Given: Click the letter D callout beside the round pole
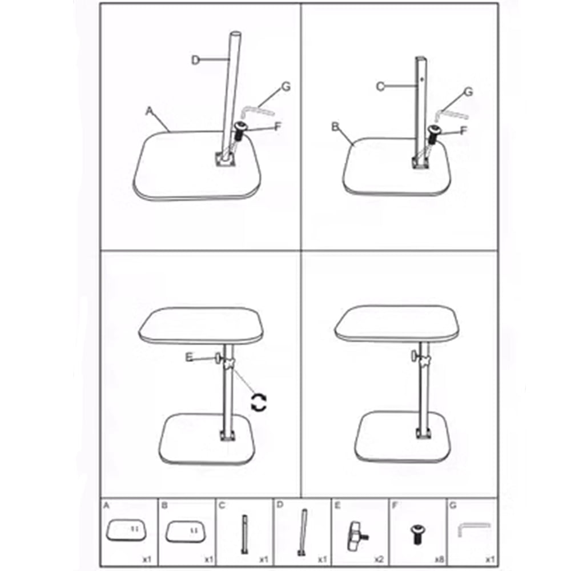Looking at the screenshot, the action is [x=195, y=60].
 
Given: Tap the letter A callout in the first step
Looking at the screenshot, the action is [x=149, y=111].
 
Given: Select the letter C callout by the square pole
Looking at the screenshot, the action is [x=380, y=87].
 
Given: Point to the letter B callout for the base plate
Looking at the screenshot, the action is [x=335, y=127].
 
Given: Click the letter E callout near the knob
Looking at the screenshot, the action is [x=189, y=357].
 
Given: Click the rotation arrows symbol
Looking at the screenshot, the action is [x=259, y=403].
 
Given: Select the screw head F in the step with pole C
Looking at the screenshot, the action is [x=434, y=130].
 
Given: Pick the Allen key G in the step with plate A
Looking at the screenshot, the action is [x=256, y=111].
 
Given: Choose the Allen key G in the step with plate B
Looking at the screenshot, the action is [x=451, y=115].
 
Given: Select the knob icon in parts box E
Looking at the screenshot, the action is [x=357, y=536].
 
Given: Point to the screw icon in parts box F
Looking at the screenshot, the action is [x=417, y=534].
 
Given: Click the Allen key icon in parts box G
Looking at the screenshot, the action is [x=473, y=528].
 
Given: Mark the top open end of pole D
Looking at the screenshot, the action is [x=236, y=35].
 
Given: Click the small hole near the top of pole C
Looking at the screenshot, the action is [x=422, y=78].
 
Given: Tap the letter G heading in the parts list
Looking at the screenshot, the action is [x=453, y=505].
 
